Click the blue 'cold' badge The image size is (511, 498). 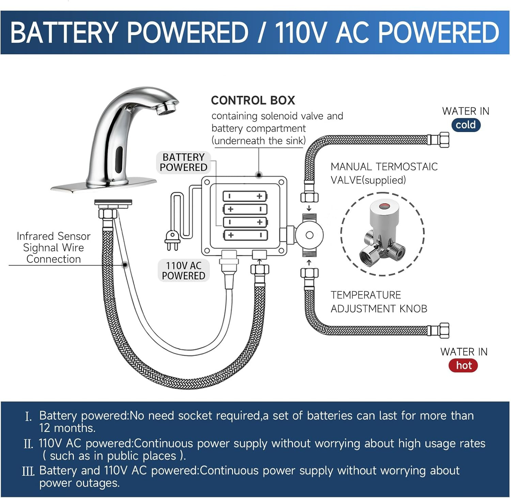[466, 125]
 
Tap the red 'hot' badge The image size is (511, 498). [463, 365]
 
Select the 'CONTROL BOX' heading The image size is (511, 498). [253, 100]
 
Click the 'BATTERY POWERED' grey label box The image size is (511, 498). [183, 162]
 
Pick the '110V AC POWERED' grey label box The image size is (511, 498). [183, 270]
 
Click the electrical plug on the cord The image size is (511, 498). [172, 240]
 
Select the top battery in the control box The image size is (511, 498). [245, 196]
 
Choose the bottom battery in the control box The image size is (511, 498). [245, 235]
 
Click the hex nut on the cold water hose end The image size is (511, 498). [444, 140]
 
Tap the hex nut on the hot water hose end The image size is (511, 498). [444, 330]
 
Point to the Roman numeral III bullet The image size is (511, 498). [28, 471]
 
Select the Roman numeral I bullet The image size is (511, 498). [28, 416]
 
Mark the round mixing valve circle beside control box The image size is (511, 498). [309, 235]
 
